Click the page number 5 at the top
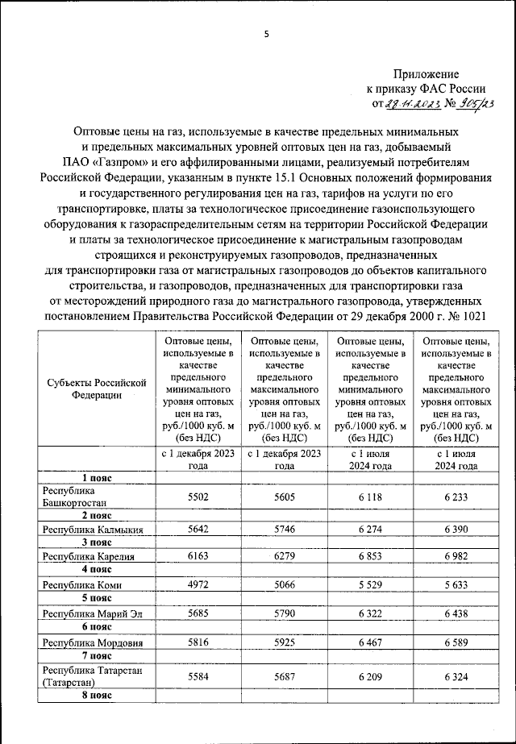coord(265,34)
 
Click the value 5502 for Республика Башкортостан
coord(198,497)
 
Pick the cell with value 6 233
coord(455,497)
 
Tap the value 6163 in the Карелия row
coord(198,556)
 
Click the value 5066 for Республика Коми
coord(284,584)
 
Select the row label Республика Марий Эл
coord(88,613)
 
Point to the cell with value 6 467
coord(370,642)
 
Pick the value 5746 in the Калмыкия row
coord(284,528)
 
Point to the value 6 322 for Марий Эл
coord(370,613)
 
